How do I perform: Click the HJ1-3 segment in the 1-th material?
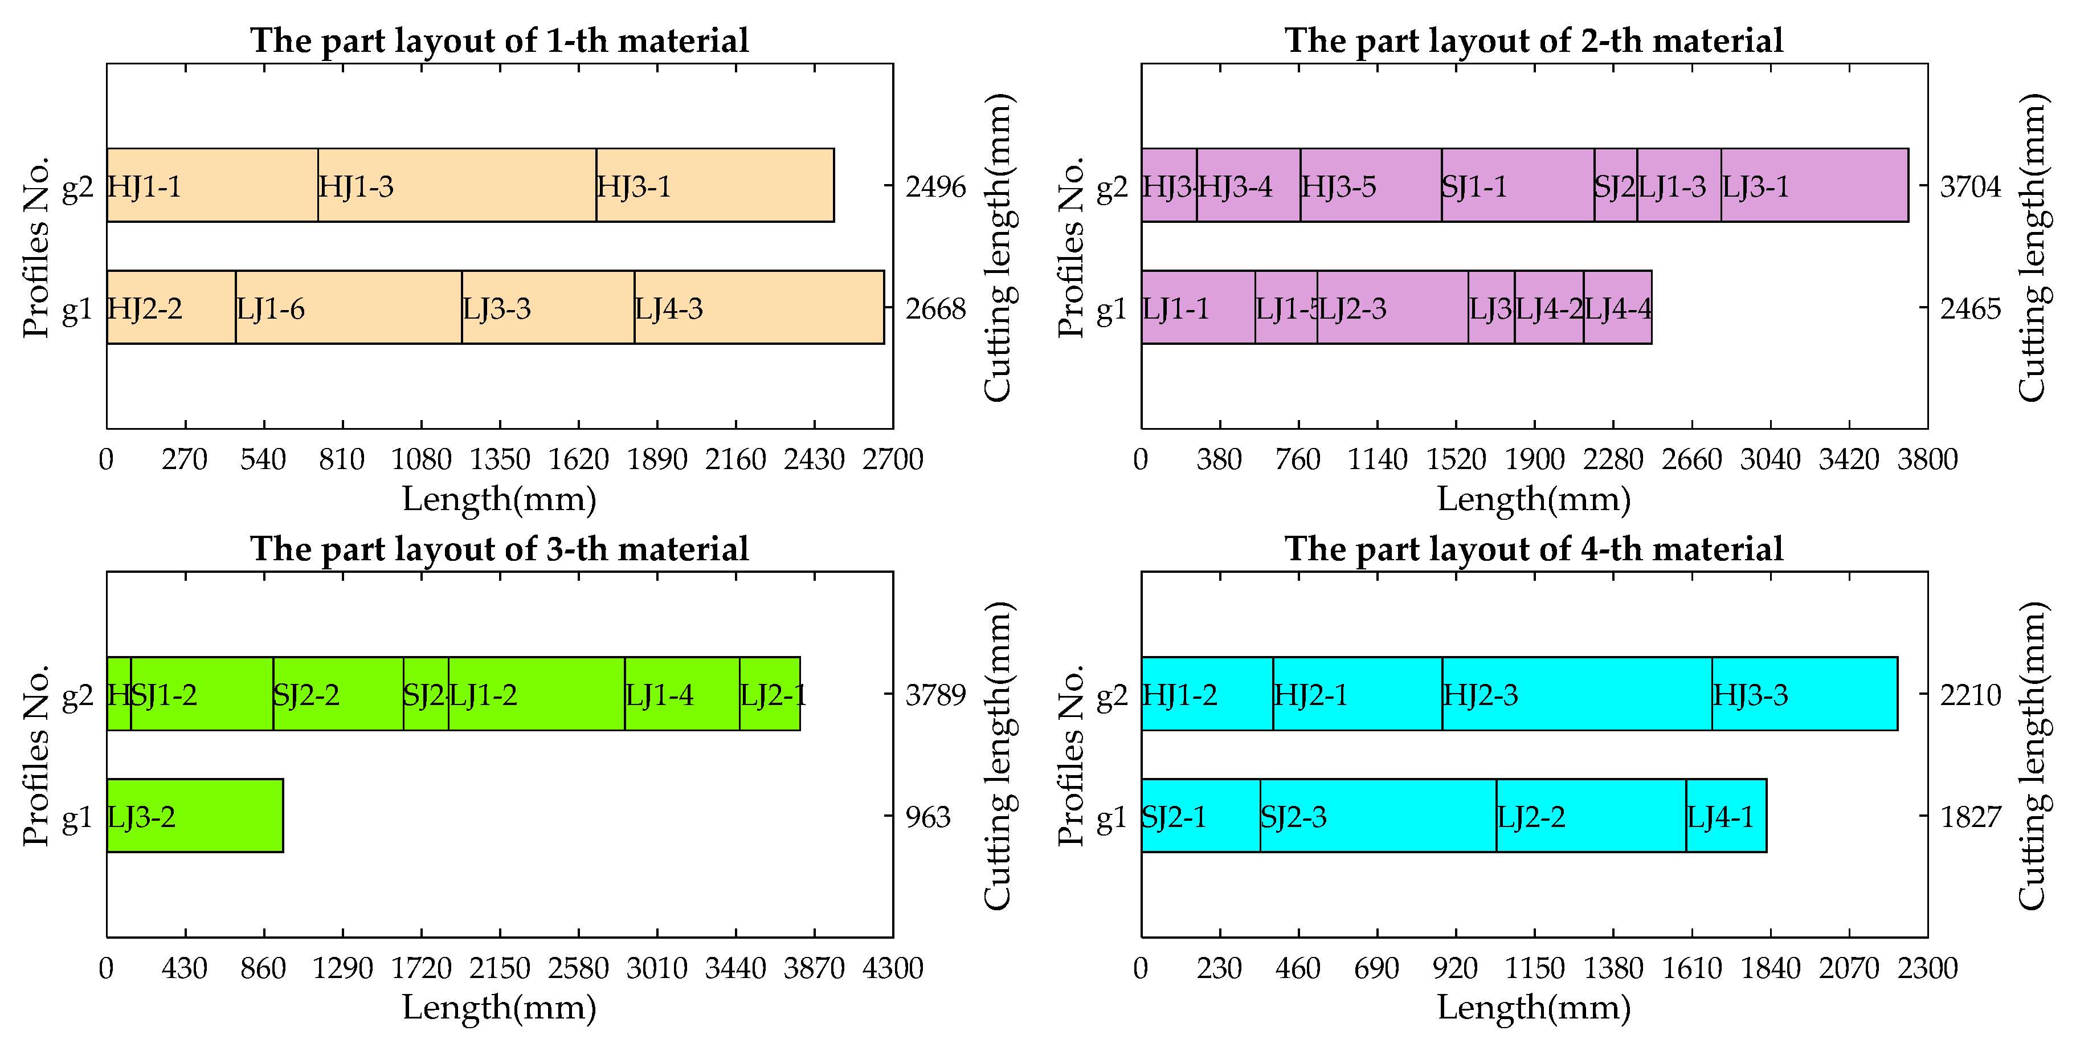456,185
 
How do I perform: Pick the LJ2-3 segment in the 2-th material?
1392,307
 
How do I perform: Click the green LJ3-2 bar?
194,816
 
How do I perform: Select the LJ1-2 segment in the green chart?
536,694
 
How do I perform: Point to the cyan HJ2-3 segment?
1576,694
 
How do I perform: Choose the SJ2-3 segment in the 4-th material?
1378,816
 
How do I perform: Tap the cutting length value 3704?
1969,187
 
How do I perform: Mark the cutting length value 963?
927,817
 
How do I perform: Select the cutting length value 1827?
1969,817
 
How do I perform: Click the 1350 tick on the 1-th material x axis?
500,459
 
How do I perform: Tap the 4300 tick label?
892,968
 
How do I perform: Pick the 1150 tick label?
1534,968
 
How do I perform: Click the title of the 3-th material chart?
499,549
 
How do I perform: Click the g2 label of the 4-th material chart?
1111,695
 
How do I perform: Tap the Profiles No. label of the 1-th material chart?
36,247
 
